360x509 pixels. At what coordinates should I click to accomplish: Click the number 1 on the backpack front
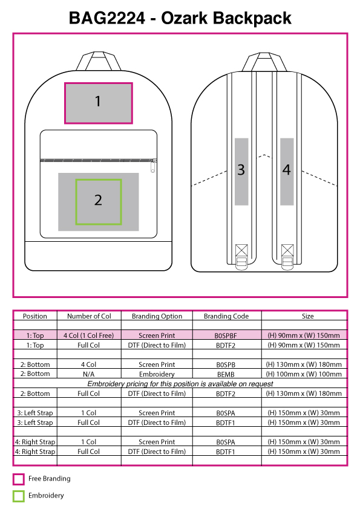[x=98, y=102]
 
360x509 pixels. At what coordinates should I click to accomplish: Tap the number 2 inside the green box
[x=98, y=200]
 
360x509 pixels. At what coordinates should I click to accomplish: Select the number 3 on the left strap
[x=241, y=170]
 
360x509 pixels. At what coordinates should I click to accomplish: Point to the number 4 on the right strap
[x=286, y=170]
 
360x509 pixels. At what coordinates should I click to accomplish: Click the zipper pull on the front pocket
[x=153, y=166]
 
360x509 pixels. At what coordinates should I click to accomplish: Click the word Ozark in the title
[x=184, y=18]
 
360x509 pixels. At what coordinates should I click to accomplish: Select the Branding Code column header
[x=226, y=316]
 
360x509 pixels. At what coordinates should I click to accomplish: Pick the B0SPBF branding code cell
[x=226, y=336]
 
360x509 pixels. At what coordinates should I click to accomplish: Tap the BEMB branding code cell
[x=226, y=374]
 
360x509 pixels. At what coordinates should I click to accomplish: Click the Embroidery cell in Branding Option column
[x=157, y=374]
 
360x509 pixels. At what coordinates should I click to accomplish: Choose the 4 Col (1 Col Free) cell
[x=89, y=336]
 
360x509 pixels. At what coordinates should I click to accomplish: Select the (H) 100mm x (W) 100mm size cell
[x=304, y=374]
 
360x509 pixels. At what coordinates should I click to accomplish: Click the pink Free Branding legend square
[x=19, y=479]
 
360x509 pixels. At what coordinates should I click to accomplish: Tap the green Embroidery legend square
[x=19, y=496]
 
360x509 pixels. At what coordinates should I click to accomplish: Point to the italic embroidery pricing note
[x=180, y=384]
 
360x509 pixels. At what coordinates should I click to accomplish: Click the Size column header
[x=307, y=316]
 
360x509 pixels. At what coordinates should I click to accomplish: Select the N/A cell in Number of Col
[x=88, y=374]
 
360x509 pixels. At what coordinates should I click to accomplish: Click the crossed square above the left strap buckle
[x=241, y=250]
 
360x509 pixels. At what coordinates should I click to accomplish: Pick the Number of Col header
[x=89, y=316]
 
